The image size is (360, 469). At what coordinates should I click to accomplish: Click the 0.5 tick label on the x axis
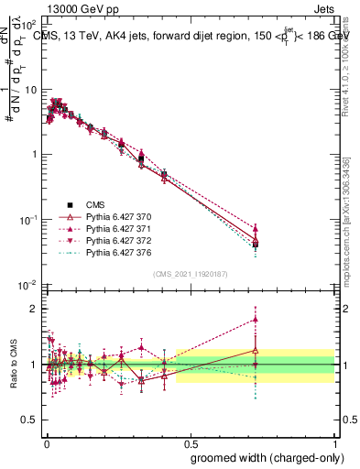[191, 442]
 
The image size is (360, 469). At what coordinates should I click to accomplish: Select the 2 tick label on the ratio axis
[35, 309]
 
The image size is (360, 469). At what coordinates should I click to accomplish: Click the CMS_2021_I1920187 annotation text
[190, 274]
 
